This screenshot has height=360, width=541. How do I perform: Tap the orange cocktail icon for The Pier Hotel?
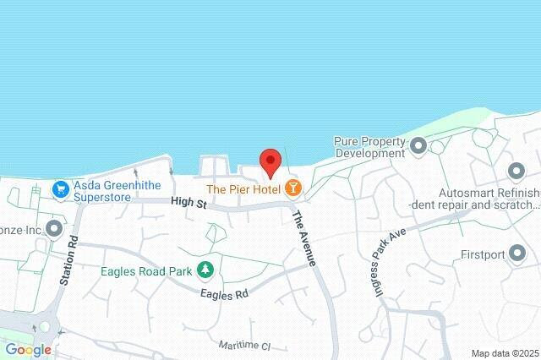pyautogui.click(x=292, y=188)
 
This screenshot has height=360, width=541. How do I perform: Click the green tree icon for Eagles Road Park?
pyautogui.click(x=205, y=270)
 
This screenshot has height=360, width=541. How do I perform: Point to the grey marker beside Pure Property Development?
pyautogui.click(x=418, y=148)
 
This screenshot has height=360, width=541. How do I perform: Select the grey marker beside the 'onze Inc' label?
pyautogui.click(x=55, y=228)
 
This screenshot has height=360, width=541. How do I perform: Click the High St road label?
pyautogui.click(x=188, y=202)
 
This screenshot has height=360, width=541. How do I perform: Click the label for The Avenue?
pyautogui.click(x=304, y=238)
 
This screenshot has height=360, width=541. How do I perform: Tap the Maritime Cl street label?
pyautogui.click(x=243, y=346)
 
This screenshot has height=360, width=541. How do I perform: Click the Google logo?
pyautogui.click(x=28, y=350)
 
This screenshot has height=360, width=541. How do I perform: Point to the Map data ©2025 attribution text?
pyautogui.click(x=504, y=353)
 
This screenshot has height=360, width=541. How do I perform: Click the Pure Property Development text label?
pyautogui.click(x=369, y=147)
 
